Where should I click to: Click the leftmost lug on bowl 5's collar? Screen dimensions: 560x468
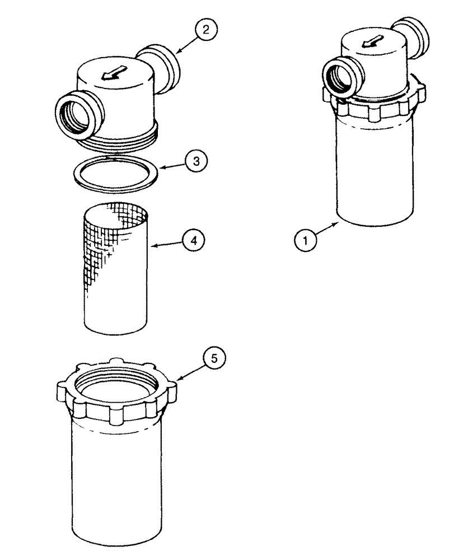click(x=65, y=389)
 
